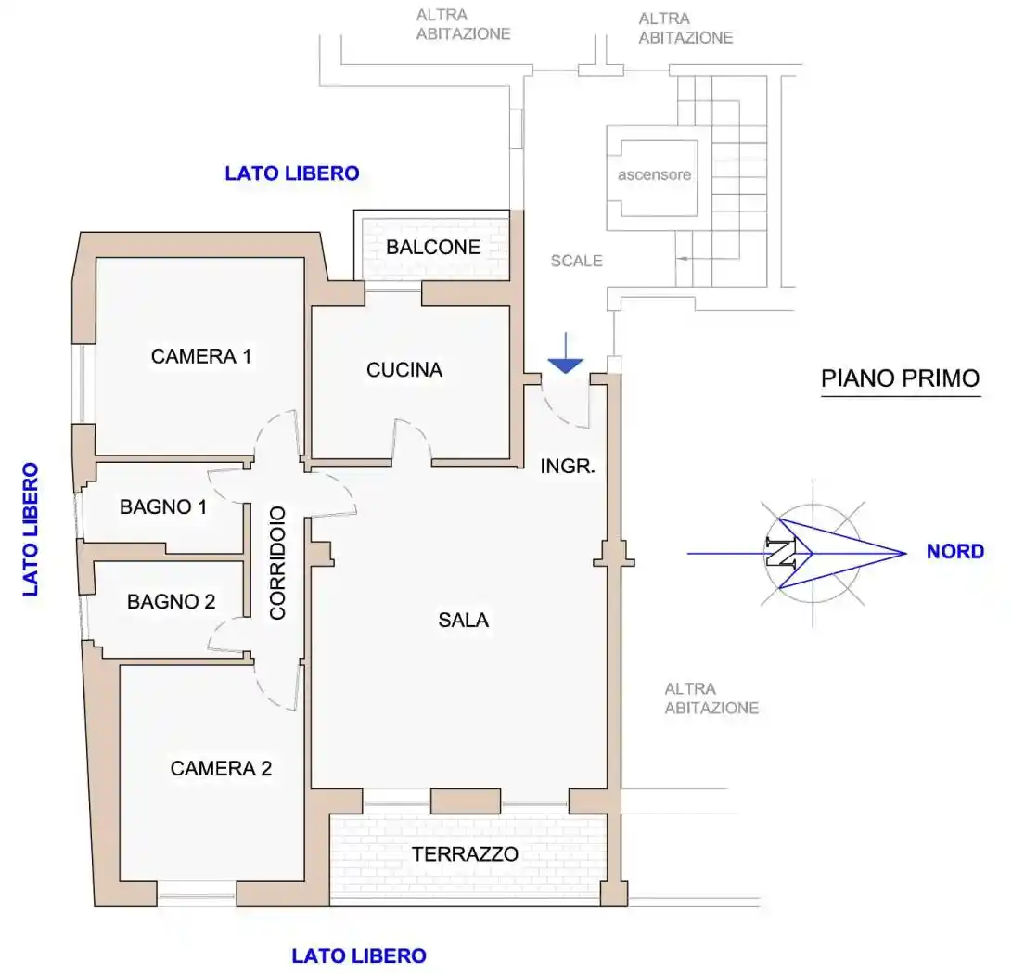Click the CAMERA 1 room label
pos(201,356)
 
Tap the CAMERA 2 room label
pos(221,768)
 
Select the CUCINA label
pos(404,370)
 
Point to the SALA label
pos(464,621)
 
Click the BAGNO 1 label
pos(163,507)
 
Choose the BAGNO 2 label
pos(172,601)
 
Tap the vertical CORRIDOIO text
pos(277,562)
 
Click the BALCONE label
pos(433,248)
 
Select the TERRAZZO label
pos(466,854)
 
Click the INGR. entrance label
pos(568,467)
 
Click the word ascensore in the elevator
pos(655,174)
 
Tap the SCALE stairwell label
pos(576,261)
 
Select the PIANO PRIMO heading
pos(900,378)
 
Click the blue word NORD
pos(954,552)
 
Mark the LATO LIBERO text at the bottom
pos(359,955)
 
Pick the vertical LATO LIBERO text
pos(31,529)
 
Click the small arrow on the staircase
pos(685,259)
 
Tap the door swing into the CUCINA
pos(413,441)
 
